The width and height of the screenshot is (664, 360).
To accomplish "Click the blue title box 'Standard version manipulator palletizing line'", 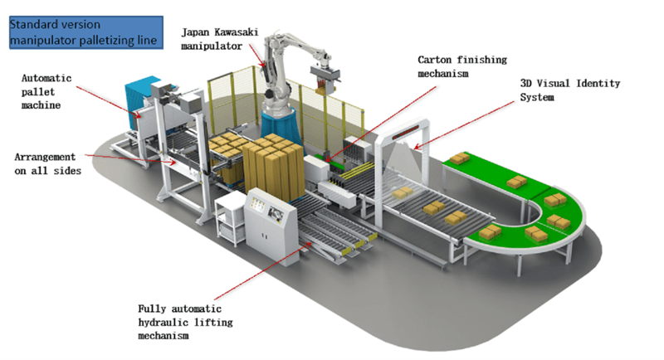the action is (86, 32).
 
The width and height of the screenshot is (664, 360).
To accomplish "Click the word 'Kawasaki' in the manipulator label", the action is (236, 32).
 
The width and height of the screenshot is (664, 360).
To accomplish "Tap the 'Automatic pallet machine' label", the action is (46, 91).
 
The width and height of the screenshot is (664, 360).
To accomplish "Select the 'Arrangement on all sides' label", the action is (47, 163).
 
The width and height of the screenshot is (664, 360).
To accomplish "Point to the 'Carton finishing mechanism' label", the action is (462, 66).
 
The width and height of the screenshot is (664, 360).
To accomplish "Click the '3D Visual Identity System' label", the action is (569, 90).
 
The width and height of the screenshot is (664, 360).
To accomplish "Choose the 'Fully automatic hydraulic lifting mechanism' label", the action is (185, 322).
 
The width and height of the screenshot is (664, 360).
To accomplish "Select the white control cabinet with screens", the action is (271, 226).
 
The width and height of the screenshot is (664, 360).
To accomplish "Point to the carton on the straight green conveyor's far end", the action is (459, 158).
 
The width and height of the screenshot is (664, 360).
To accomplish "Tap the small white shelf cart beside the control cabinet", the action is (230, 218).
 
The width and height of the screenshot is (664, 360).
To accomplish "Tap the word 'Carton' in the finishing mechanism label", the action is (434, 60).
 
